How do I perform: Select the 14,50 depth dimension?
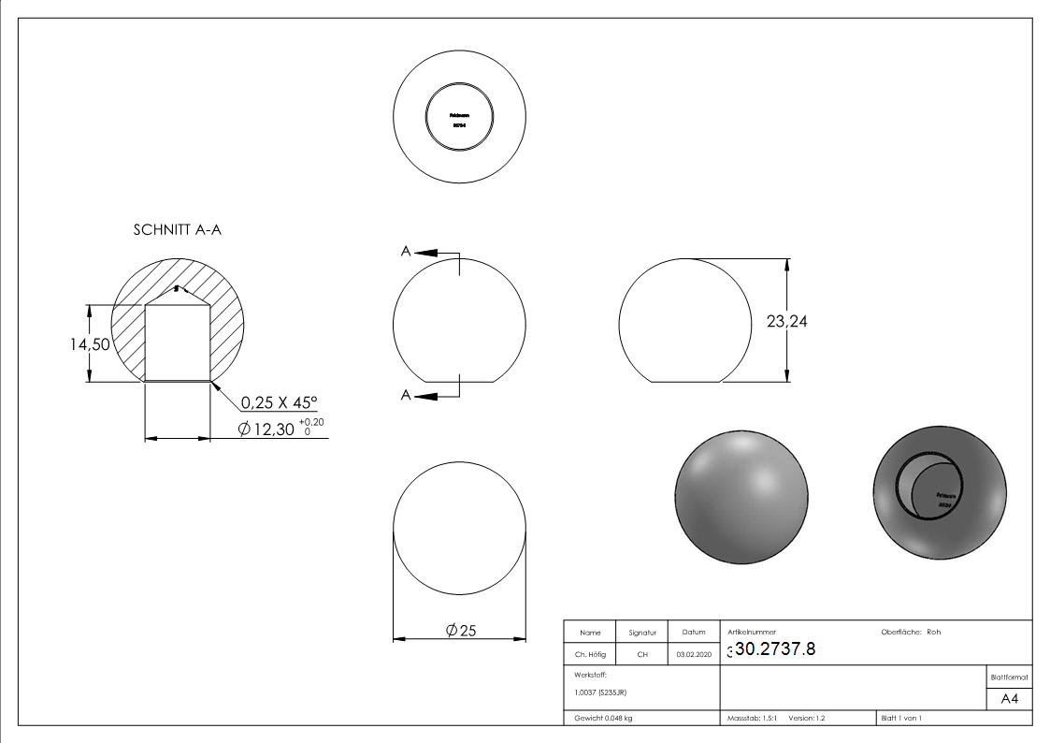click(x=91, y=344)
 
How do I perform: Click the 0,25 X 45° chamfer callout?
click(x=280, y=402)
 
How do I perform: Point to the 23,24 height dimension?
click(x=786, y=321)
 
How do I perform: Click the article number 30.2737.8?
click(x=775, y=648)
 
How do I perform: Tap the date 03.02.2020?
click(x=694, y=655)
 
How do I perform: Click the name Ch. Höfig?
click(x=590, y=655)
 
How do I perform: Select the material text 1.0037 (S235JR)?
click(x=599, y=692)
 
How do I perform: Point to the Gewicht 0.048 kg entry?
click(x=603, y=719)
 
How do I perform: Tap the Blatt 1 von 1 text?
click(x=901, y=719)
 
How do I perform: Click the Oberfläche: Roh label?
click(x=911, y=632)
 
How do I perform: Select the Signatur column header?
click(x=642, y=633)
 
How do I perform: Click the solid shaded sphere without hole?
click(x=741, y=496)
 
